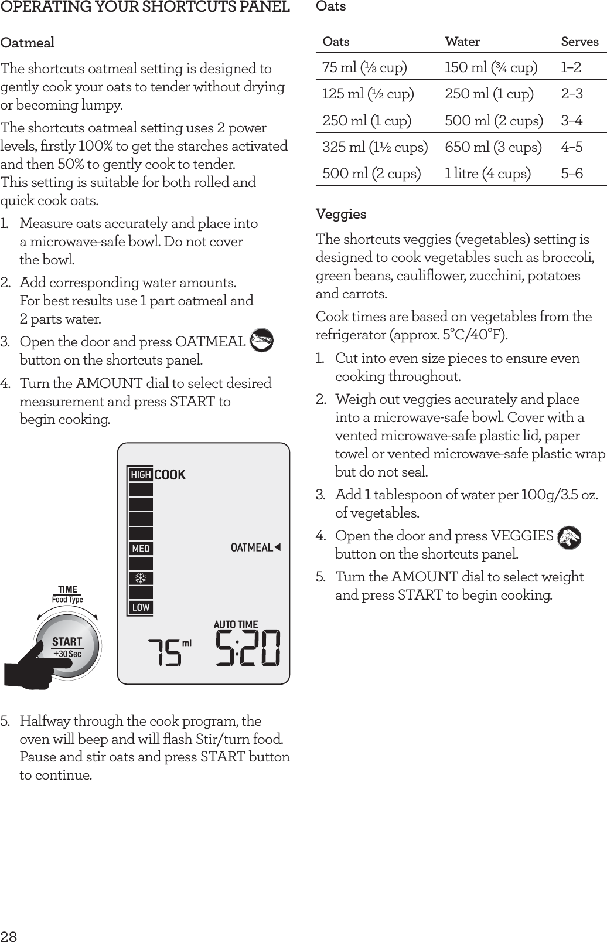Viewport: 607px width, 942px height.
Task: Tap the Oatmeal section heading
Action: point(28,43)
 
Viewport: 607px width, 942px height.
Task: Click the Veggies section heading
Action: point(341,214)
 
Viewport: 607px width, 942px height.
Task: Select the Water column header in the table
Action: point(462,42)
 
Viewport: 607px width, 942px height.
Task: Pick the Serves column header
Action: point(579,42)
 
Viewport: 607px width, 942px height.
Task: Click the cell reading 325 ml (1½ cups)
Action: point(374,147)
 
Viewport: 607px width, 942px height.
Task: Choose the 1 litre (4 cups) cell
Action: point(487,174)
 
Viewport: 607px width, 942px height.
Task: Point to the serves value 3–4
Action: point(571,121)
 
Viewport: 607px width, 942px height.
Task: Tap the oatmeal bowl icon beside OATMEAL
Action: point(261,341)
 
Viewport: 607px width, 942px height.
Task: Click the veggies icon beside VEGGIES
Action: point(569,537)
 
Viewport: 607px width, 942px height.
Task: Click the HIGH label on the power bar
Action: point(141,474)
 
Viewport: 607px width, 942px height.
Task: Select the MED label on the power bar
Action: point(141,549)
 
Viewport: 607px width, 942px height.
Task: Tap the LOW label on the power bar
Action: point(141,607)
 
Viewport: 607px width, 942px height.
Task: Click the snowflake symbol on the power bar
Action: point(141,579)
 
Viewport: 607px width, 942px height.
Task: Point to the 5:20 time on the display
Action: point(248,648)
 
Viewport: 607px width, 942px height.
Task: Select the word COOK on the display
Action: point(170,474)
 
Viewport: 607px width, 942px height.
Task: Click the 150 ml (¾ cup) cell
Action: point(490,67)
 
